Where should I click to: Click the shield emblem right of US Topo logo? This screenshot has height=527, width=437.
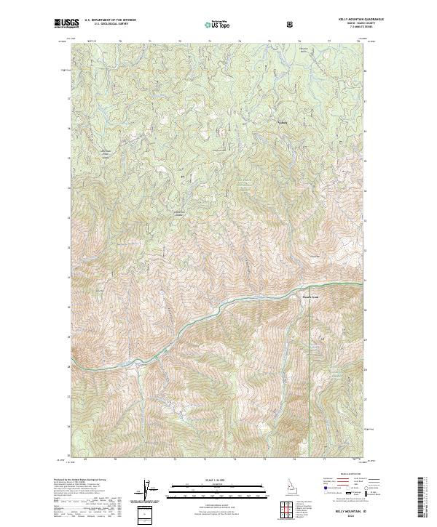point(292,25)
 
